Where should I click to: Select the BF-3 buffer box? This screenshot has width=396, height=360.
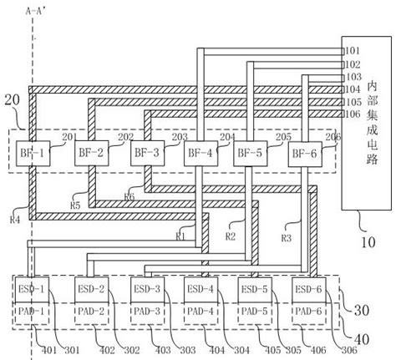[145, 153]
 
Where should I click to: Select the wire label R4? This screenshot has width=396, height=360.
[14, 221]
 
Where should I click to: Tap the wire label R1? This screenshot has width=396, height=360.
[180, 237]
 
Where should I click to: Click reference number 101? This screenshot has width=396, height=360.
[352, 51]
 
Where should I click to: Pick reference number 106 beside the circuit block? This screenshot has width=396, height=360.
[352, 114]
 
